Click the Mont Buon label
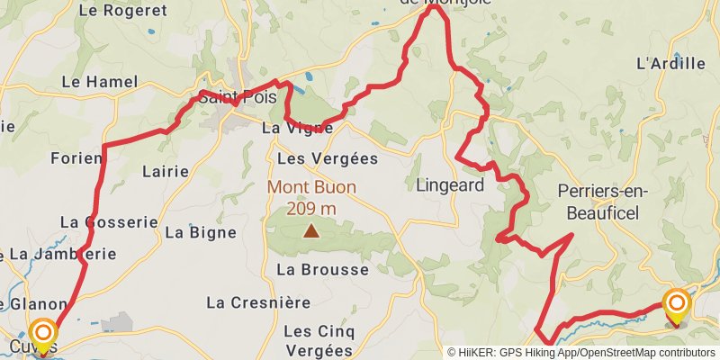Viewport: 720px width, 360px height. pos(310,189)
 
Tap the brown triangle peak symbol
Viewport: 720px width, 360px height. pos(310,231)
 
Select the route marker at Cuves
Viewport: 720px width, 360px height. pos(41,335)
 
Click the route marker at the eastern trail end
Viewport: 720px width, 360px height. pos(676,304)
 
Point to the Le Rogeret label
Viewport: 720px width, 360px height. pos(123,11)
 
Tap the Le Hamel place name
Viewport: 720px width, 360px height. pos(99,82)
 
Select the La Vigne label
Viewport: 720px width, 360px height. pos(297,129)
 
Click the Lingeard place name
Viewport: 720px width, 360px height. pos(450,186)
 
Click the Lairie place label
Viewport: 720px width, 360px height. pos(166,170)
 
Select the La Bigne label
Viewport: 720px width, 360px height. pos(201,232)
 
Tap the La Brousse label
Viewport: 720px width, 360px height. pos(322,269)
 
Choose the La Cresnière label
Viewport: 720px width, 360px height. pos(258,301)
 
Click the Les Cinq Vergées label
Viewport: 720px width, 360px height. pos(318,340)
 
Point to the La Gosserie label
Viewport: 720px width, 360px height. pos(109,221)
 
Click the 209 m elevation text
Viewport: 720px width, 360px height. pos(310,209)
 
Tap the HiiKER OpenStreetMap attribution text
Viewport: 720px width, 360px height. pos(581,353)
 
